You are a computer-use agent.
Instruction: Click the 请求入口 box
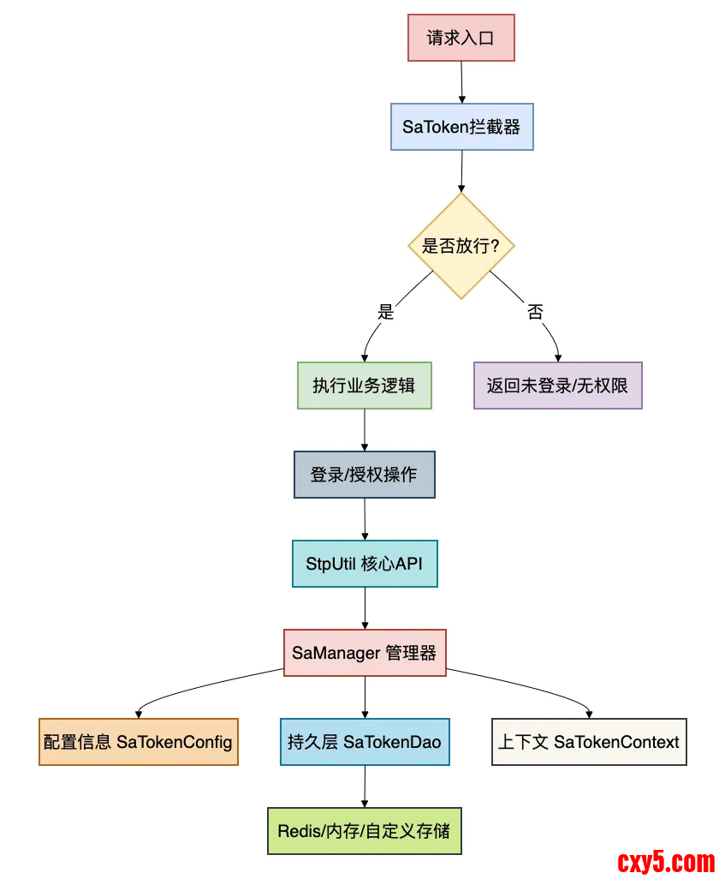pos(461,38)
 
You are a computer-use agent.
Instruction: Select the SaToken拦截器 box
pos(461,127)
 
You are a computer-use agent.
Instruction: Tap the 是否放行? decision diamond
pos(461,246)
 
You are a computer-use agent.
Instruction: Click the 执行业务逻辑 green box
pos(365,386)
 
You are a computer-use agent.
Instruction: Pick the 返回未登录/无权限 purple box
pos(557,386)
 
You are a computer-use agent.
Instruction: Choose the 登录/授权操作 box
pos(365,475)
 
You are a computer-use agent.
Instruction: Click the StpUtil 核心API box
pos(365,563)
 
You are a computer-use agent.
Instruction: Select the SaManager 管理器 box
pos(365,653)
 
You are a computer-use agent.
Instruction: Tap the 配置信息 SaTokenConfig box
pos(139,742)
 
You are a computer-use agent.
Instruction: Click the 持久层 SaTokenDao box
pos(365,742)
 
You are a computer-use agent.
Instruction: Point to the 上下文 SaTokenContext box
pos(589,742)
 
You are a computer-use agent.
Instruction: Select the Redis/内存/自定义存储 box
pos(365,831)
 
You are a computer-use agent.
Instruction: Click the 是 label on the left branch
pos(386,312)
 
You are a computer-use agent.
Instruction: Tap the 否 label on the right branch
pos(535,312)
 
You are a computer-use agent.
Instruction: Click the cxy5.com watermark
pos(665,860)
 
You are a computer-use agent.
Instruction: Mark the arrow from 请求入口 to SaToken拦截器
pos(461,82)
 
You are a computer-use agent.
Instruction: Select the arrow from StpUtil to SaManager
pos(365,608)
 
